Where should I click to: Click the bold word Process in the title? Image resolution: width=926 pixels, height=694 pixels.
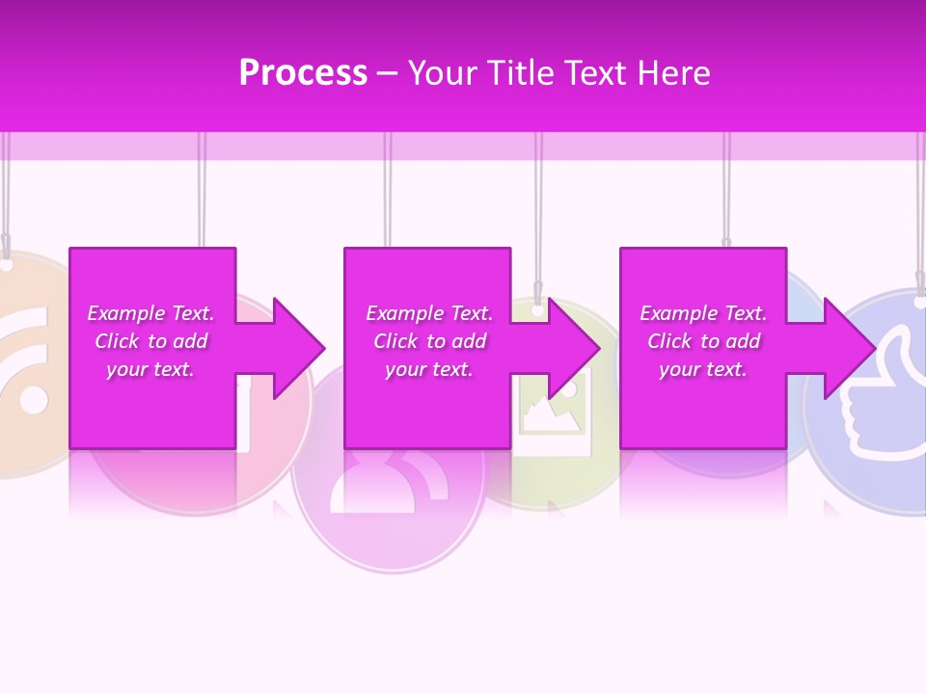tap(303, 73)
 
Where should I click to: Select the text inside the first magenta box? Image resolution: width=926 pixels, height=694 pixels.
tap(150, 341)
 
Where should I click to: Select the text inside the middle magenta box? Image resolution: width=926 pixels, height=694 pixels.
tap(429, 341)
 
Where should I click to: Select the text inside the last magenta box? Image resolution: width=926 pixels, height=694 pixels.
tap(703, 341)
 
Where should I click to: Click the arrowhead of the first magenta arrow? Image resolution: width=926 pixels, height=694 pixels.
tap(298, 348)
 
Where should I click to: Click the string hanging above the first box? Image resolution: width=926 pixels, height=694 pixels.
tap(203, 193)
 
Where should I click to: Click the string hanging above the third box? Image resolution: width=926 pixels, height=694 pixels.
tap(726, 193)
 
